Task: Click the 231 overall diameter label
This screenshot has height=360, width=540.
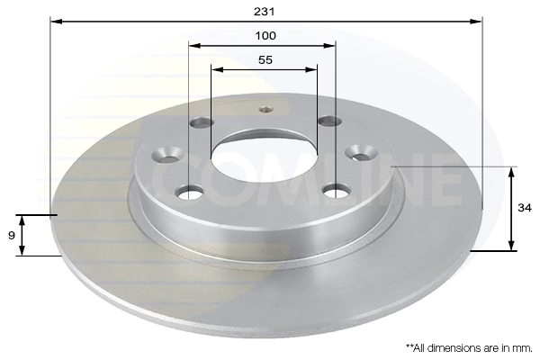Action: pos(264,12)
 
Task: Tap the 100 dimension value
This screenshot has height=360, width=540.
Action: pos(265,35)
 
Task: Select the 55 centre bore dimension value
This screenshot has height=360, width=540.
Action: pos(265,60)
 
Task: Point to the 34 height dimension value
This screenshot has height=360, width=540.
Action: pos(525,208)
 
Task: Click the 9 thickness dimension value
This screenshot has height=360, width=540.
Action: pos(12,236)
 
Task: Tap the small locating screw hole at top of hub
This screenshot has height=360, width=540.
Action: pos(265,110)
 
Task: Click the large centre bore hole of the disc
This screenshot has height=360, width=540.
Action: pos(265,157)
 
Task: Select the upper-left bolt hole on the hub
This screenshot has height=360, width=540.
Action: pos(202,122)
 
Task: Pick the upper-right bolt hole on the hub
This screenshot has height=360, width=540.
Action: pos(329,121)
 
